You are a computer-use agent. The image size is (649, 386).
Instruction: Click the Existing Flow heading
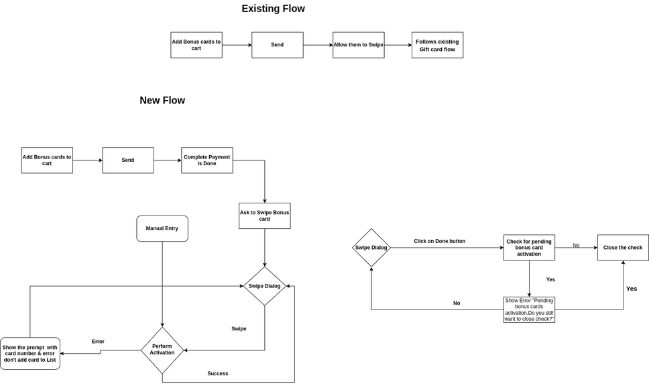click(x=273, y=9)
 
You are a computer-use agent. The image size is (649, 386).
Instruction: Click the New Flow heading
click(x=162, y=100)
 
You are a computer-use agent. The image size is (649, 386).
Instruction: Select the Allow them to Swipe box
click(x=359, y=45)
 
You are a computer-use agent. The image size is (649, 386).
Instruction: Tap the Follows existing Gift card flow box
click(x=438, y=45)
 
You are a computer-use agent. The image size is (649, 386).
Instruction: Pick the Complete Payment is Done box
click(x=207, y=160)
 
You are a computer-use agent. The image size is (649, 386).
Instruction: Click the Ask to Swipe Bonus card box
click(x=264, y=216)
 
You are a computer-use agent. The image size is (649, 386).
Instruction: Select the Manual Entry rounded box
click(x=162, y=228)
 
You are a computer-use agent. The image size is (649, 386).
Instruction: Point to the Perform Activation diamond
click(x=162, y=350)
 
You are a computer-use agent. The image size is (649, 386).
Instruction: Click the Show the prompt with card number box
click(x=29, y=354)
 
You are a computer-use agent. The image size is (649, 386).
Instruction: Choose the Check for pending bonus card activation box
click(x=529, y=248)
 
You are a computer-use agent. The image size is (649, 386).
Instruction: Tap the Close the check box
click(x=623, y=248)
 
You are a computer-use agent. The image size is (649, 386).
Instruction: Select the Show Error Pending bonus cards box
click(x=529, y=309)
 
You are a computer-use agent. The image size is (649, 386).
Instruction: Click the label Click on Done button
click(x=440, y=241)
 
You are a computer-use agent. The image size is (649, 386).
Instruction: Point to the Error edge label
click(x=98, y=342)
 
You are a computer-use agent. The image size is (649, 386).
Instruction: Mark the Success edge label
click(x=218, y=373)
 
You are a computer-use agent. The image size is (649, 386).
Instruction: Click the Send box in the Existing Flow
click(x=278, y=45)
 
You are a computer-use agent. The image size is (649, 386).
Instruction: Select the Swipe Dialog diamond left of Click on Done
click(x=371, y=248)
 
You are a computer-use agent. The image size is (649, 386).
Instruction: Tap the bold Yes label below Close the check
click(x=632, y=289)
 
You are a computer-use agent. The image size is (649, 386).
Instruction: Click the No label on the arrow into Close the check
click(x=576, y=246)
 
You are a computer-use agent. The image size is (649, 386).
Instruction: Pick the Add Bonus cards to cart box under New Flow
click(x=47, y=160)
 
